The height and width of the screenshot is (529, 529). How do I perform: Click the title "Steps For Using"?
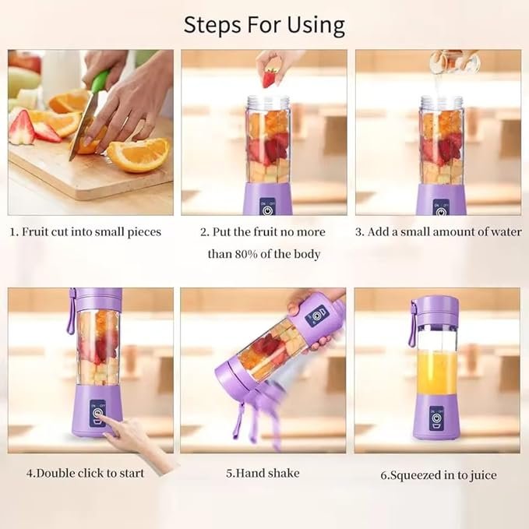pyautogui.click(x=264, y=25)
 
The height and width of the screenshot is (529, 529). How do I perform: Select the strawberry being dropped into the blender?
pyautogui.click(x=270, y=78)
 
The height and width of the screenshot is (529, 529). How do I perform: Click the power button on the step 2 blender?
pyautogui.click(x=268, y=208)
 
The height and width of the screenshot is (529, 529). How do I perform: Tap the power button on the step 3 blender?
pyautogui.click(x=440, y=208)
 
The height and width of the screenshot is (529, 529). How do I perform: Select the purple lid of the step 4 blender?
pyautogui.click(x=96, y=298)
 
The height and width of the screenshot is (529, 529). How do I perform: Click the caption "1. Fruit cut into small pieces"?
pyautogui.click(x=86, y=231)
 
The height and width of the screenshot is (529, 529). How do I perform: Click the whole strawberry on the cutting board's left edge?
pyautogui.click(x=21, y=128)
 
